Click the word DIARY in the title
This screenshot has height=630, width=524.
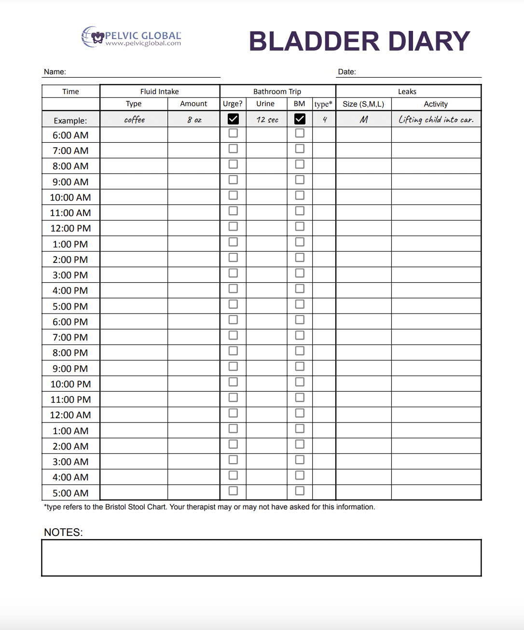tap(428, 41)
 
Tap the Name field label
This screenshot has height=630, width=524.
tap(55, 72)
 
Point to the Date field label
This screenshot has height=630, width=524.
tap(346, 72)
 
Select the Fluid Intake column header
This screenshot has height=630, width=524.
tap(159, 91)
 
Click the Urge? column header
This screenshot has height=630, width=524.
tap(233, 104)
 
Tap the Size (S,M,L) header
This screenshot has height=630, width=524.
tap(363, 104)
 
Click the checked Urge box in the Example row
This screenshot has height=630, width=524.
tap(233, 119)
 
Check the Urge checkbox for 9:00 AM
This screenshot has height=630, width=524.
tap(233, 179)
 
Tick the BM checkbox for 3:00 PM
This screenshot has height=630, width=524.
tap(300, 273)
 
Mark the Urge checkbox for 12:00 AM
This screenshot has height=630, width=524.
tap(233, 413)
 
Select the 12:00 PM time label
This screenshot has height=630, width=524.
tap(70, 228)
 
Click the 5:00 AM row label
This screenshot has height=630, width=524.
tap(70, 493)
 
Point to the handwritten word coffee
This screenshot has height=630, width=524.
tap(134, 120)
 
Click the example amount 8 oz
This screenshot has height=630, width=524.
tap(194, 120)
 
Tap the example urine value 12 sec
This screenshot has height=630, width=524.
tap(267, 120)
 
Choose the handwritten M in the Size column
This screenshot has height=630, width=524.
tap(364, 120)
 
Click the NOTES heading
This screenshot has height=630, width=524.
tap(63, 533)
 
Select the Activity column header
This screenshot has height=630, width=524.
tap(436, 104)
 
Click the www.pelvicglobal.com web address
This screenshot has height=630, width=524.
tap(143, 43)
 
